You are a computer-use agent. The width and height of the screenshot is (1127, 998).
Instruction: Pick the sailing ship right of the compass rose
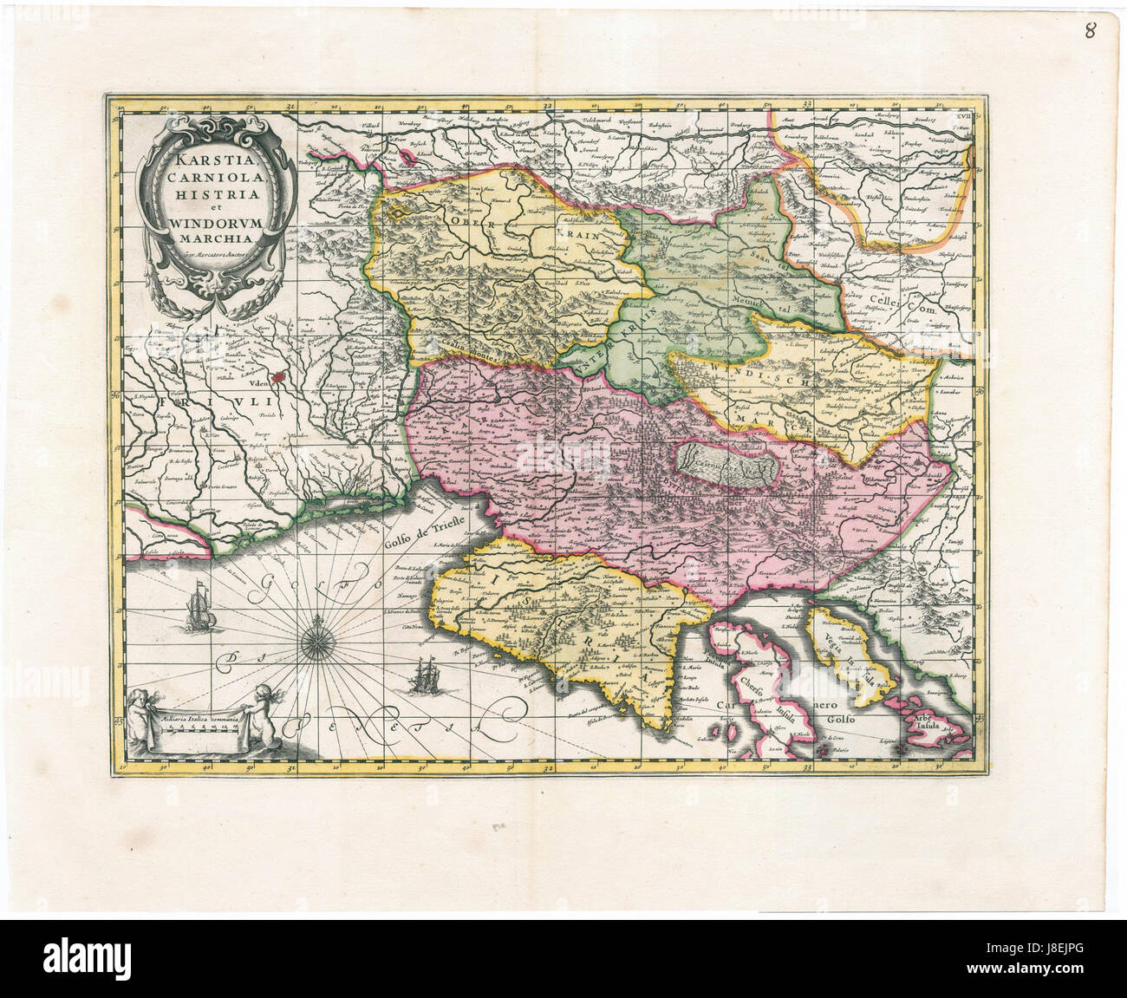click(x=425, y=674)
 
